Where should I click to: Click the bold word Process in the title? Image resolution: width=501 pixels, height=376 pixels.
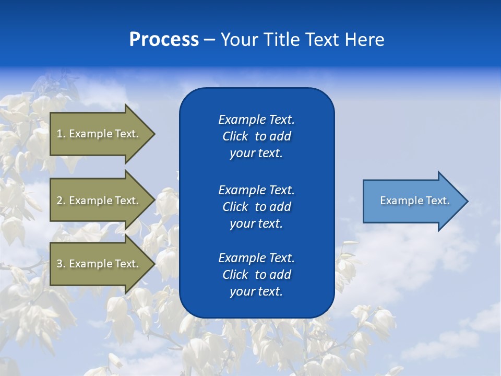164,40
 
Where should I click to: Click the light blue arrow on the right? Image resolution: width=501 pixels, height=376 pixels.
412,201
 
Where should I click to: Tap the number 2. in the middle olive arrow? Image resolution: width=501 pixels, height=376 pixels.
61,201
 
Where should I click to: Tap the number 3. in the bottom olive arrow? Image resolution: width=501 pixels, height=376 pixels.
61,264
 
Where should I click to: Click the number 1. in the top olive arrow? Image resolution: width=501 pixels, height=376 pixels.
61,134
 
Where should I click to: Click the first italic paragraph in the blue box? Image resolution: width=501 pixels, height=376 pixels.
256,136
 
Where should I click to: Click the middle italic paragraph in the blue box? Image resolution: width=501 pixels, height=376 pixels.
256,207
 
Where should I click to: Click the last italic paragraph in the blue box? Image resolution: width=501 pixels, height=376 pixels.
256,275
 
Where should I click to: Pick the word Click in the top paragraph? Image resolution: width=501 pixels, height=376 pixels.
235,136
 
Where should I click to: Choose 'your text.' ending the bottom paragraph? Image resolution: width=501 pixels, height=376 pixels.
256,291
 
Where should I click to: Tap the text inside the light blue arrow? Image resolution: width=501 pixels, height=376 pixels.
414,201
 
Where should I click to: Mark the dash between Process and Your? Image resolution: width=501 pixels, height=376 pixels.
209,40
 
